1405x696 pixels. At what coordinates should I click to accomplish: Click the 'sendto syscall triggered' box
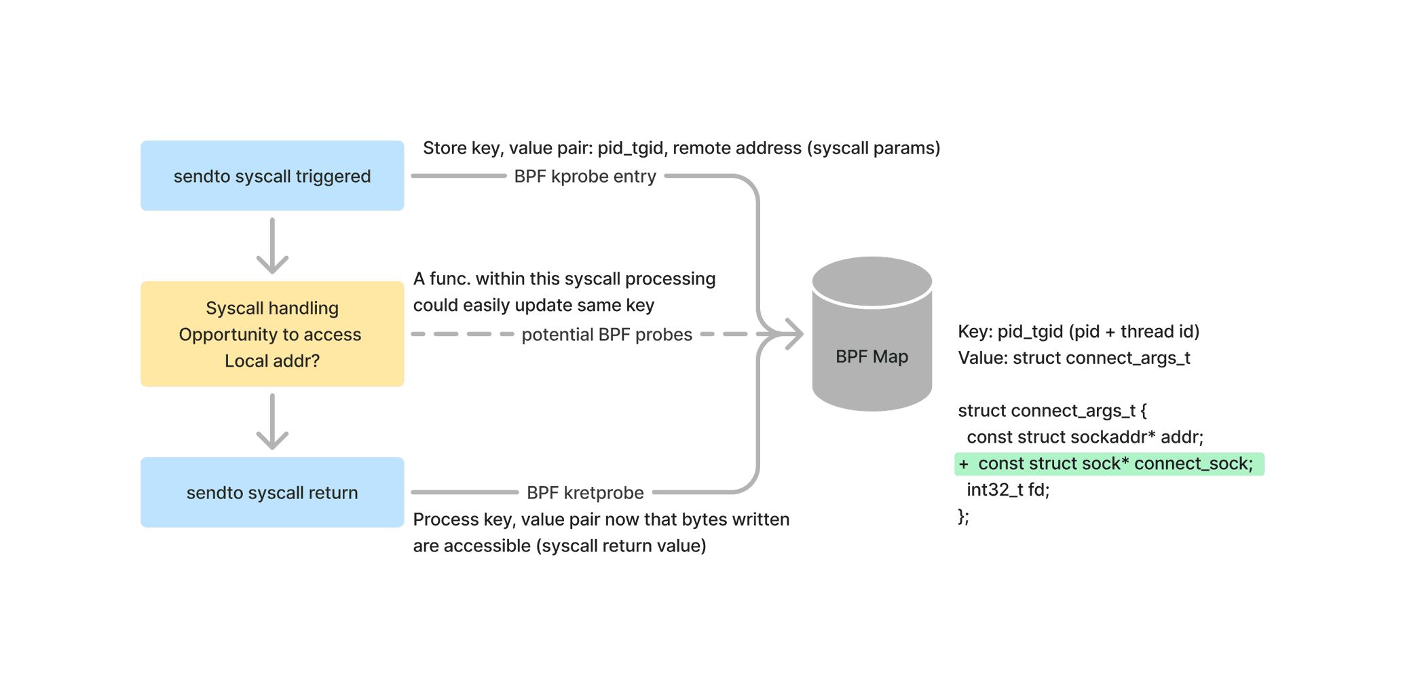click(x=272, y=176)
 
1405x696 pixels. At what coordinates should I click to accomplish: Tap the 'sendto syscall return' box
click(x=272, y=492)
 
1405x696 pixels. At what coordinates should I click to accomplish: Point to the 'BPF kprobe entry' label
click(x=584, y=177)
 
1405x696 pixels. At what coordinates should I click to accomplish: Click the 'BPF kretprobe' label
click(x=585, y=492)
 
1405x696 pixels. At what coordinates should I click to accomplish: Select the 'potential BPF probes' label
click(x=607, y=334)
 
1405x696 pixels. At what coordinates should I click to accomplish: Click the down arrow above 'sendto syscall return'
click(x=272, y=422)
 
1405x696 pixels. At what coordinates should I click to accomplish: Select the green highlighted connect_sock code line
click(x=1108, y=464)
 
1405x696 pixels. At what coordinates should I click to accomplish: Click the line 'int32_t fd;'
click(x=1008, y=490)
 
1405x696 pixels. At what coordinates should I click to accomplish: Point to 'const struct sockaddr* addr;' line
click(x=1085, y=437)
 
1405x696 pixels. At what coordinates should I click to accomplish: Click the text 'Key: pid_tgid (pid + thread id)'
click(x=1079, y=331)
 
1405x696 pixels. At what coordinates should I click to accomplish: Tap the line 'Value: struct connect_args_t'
click(x=1074, y=358)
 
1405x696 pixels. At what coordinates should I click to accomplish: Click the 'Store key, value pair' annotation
click(x=681, y=148)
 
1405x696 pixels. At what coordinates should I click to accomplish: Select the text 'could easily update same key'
click(x=533, y=306)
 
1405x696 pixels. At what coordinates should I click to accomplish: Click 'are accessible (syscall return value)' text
click(x=559, y=546)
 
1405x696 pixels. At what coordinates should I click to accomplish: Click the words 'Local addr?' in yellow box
click(x=272, y=361)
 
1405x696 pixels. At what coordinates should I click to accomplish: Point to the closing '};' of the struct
click(x=964, y=517)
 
